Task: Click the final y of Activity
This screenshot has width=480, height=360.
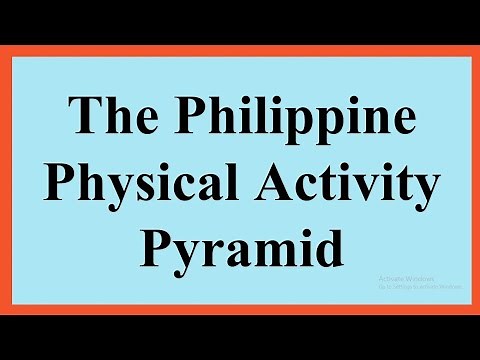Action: coord(399,193)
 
